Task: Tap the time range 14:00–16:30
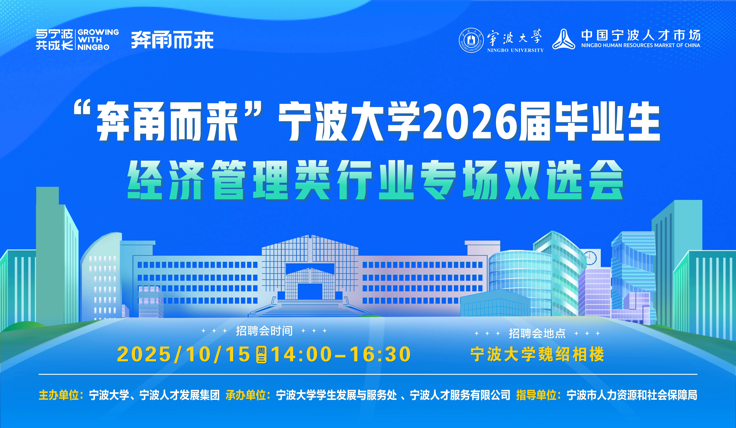(x=341, y=354)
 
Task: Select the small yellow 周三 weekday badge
(x=261, y=354)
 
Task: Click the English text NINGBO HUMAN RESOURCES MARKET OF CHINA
(x=641, y=45)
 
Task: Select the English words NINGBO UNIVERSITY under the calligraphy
(x=515, y=50)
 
